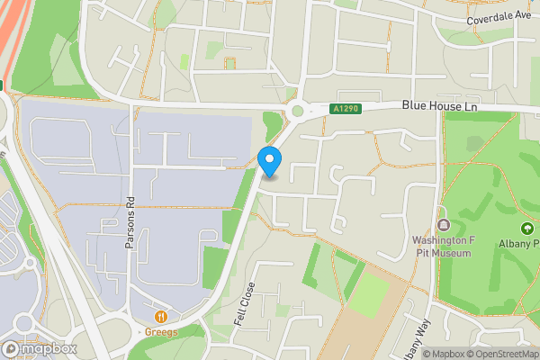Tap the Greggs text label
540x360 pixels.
pos(162,331)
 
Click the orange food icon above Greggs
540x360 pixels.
pos(162,316)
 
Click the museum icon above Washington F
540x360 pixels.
pos(442,224)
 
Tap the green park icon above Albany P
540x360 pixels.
pos(527,229)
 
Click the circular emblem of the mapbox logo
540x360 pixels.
pos(12,348)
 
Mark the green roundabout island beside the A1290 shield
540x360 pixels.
pos(297,112)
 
